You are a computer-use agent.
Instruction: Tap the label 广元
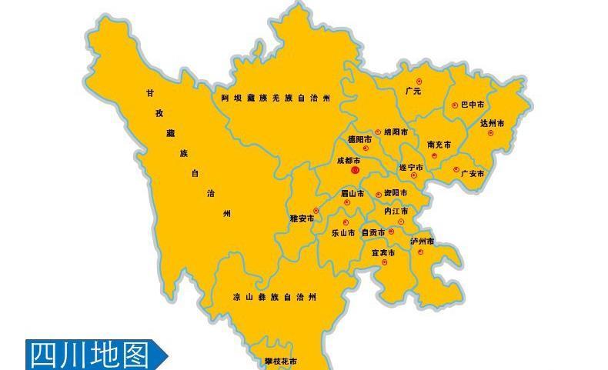[413, 92]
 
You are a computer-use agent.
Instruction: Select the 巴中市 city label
[473, 105]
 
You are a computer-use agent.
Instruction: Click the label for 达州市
[493, 123]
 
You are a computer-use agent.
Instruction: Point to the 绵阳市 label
[396, 132]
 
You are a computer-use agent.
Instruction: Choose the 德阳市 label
[359, 140]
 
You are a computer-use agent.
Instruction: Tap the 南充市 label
[439, 145]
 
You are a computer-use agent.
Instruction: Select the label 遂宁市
[411, 167]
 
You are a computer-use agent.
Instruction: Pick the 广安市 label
[473, 174]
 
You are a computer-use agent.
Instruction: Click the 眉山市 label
[352, 193]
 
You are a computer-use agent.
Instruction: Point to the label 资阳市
[396, 193]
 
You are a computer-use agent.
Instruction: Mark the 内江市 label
[396, 211]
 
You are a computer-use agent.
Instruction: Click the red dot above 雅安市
[316, 210]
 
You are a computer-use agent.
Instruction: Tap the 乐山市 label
[343, 232]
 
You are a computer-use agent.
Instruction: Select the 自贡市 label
[373, 232]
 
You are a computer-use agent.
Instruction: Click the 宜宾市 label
[383, 252]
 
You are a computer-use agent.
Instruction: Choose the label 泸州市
[423, 242]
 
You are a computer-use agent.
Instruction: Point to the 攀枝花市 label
[280, 361]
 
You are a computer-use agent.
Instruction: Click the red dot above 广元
[419, 81]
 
